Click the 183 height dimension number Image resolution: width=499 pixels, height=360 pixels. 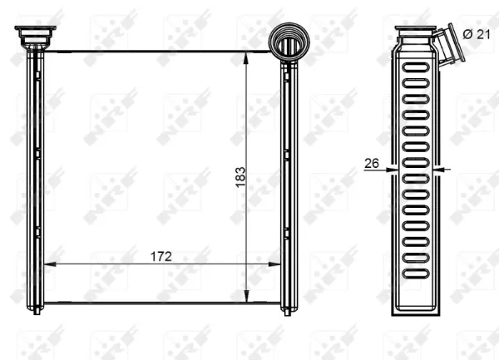(241, 176)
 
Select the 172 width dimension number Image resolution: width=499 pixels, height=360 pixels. (161, 256)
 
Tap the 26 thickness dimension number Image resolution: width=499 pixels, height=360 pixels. (372, 165)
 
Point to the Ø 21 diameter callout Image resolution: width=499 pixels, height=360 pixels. (477, 33)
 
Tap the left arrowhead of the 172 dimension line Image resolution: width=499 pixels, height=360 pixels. (47, 264)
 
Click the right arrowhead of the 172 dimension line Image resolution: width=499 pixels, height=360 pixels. (278, 264)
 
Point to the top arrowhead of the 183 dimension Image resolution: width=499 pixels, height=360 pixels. (248, 55)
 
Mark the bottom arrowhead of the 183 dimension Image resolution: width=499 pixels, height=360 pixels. (248, 298)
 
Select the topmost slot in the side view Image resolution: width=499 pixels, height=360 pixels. (414, 67)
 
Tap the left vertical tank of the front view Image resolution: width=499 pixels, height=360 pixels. (35, 175)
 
